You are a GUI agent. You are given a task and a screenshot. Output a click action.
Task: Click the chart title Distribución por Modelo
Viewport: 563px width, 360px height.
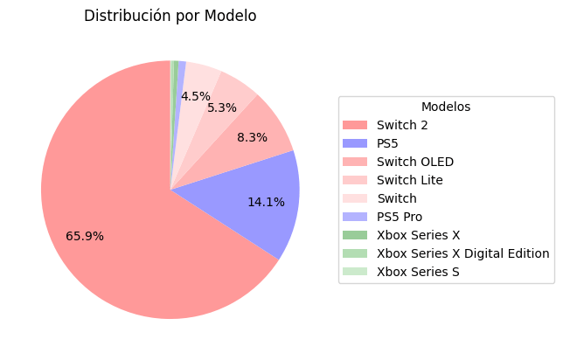(170, 16)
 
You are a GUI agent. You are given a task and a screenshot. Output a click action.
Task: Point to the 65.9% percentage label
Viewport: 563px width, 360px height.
(85, 236)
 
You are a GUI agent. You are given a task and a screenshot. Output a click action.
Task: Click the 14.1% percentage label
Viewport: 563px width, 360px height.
(266, 202)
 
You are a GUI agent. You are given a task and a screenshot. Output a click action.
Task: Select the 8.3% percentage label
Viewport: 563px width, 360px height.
(252, 137)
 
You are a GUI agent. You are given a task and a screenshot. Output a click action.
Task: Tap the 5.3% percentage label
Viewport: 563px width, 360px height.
(222, 107)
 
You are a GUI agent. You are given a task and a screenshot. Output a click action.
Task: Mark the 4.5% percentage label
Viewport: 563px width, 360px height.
(195, 96)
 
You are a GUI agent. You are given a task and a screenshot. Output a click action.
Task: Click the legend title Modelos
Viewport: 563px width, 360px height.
(446, 107)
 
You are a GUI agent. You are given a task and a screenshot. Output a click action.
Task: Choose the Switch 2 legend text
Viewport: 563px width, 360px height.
(402, 125)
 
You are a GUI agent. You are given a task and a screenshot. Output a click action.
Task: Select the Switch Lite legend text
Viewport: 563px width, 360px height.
(409, 180)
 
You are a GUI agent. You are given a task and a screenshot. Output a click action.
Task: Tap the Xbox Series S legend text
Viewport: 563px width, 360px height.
(418, 272)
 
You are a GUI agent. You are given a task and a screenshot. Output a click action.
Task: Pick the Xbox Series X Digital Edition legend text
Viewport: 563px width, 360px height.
(462, 253)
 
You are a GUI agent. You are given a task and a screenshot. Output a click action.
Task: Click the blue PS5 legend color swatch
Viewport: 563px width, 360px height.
(355, 143)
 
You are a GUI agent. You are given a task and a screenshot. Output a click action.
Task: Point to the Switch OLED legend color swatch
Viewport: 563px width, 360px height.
(355, 162)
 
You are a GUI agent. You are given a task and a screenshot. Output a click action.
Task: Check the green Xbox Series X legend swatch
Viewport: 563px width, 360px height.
(355, 235)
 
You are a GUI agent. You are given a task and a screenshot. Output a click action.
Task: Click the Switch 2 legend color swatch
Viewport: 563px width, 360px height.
(355, 125)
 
